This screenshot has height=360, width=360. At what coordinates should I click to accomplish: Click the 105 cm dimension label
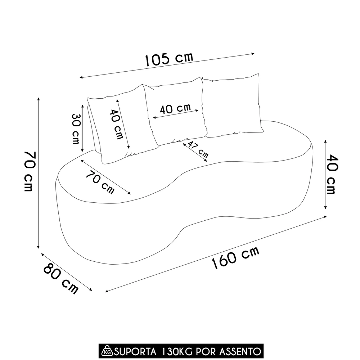coord(169,59)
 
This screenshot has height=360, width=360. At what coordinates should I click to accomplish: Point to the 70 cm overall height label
coord(29,171)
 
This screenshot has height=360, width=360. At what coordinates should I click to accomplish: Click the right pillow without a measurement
coord(232,106)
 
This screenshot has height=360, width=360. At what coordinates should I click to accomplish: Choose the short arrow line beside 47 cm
coord(195,153)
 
